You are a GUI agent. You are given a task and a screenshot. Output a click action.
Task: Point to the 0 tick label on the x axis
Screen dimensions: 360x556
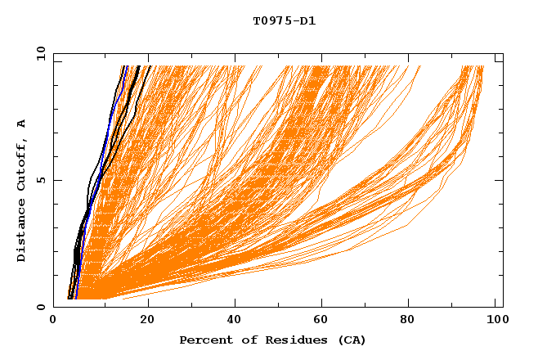[x=53, y=322]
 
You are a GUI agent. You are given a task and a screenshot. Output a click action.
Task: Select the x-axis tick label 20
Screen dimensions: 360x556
[x=143, y=322]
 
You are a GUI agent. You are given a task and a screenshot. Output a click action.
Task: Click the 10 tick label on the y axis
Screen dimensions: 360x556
[x=40, y=53]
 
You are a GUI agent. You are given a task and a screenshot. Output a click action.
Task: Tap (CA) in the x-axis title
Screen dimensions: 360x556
[x=350, y=340]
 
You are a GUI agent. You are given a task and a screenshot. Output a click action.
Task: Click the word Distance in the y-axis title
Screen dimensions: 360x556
[x=22, y=233]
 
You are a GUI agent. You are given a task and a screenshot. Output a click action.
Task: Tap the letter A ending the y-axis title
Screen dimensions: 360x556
[x=22, y=123]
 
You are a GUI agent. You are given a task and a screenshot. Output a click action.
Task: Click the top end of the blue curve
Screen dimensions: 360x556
[x=127, y=66]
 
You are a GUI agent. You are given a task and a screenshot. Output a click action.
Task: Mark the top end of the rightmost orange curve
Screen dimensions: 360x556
[x=482, y=66]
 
